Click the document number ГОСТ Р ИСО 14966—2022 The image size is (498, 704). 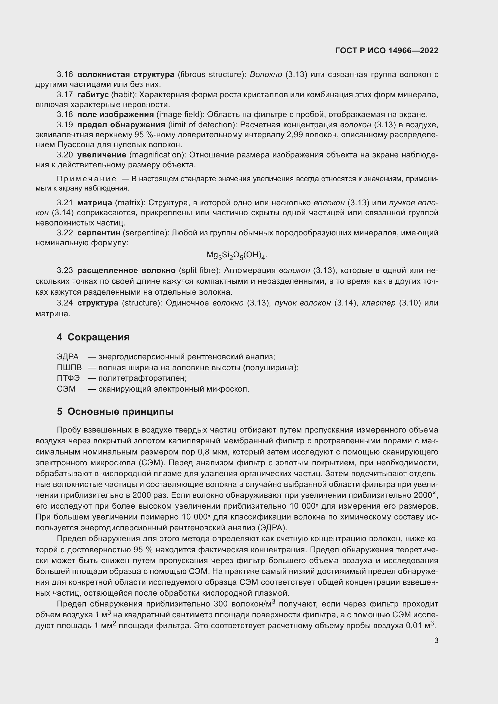coord(387,51)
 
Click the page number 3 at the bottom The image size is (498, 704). coord(436,640)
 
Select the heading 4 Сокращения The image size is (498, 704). coord(93,337)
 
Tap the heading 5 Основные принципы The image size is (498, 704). coord(115,411)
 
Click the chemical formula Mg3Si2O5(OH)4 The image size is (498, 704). coord(236,256)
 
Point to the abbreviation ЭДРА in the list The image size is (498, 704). coord(68,357)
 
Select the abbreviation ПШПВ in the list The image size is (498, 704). coord(69,368)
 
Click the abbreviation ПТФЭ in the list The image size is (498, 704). coord(68,378)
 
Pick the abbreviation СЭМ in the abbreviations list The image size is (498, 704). coord(66,389)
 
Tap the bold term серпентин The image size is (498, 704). coord(99,233)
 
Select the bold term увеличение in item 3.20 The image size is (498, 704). coord(101,155)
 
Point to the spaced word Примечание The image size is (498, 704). coord(86,179)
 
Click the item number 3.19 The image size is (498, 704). coord(65,125)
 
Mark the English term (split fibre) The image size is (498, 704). coord(199,271)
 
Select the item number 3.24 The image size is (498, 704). coord(65,303)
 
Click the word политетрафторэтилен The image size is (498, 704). coord(142,378)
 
